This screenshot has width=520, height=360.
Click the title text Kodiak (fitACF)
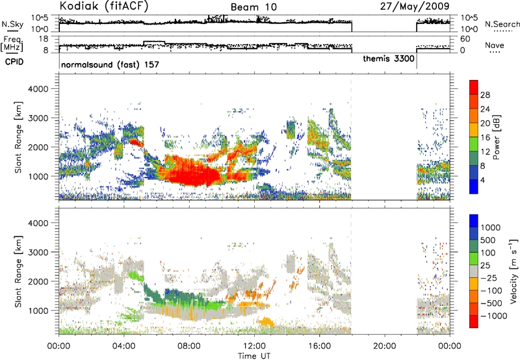tap(104, 6)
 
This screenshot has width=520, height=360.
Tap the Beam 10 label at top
tap(253, 7)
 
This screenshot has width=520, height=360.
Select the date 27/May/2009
tap(415, 6)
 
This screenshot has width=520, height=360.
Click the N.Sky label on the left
tap(12, 24)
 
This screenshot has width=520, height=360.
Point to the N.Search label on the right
tap(502, 24)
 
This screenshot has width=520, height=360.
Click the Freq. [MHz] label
tap(12, 44)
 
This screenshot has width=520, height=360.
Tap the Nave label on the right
tap(495, 45)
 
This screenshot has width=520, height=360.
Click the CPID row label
tap(14, 62)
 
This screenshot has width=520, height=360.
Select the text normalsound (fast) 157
tap(110, 64)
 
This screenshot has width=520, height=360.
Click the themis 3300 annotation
tap(389, 58)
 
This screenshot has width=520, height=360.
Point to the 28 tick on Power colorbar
tap(485, 95)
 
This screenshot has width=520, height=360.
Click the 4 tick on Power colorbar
tap(483, 180)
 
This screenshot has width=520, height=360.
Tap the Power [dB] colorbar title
tap(496, 137)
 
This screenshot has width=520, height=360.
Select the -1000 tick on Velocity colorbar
tap(494, 316)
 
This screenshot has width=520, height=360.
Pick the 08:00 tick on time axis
tap(189, 346)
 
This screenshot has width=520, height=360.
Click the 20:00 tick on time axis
tap(385, 346)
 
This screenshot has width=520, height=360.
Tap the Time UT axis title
tap(254, 356)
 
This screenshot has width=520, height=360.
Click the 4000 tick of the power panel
tap(38, 89)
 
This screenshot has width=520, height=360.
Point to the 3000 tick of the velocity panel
tap(38, 252)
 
